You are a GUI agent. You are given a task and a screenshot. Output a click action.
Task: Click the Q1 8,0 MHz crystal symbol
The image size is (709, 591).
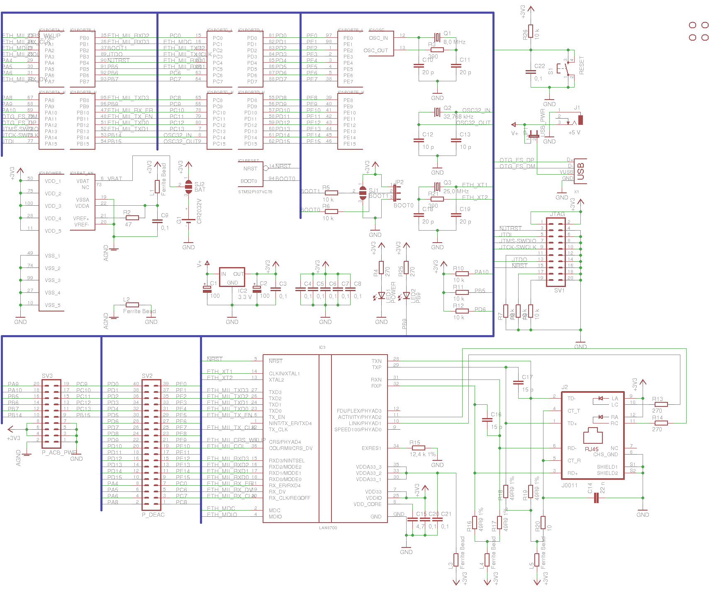click(437, 37)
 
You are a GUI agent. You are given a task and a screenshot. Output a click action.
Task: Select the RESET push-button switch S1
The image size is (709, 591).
click(566, 69)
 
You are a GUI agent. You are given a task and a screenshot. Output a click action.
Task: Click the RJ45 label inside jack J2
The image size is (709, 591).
click(592, 449)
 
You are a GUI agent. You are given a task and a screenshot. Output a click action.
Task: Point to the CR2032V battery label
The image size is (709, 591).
click(199, 211)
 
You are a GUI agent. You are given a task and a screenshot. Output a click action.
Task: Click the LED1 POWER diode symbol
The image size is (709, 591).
click(381, 296)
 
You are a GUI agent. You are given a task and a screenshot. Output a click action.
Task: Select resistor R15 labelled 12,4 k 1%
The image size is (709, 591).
click(419, 448)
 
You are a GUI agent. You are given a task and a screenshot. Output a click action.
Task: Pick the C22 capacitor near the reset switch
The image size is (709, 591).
click(531, 71)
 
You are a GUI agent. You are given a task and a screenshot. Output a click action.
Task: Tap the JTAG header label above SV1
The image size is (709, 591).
click(557, 214)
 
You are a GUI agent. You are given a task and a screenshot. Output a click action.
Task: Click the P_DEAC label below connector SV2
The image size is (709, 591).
click(153, 515)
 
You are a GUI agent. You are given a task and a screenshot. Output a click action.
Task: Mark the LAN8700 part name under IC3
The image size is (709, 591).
click(328, 528)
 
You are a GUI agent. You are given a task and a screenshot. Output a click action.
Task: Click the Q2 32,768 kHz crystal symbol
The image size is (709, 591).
click(437, 112)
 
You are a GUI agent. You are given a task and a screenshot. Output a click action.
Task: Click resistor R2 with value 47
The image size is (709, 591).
click(132, 218)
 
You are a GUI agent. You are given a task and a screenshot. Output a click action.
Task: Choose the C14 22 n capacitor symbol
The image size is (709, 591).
click(597, 498)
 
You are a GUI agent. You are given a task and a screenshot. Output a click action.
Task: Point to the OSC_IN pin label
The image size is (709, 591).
click(378, 38)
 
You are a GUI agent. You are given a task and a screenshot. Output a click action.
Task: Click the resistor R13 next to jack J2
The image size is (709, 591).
click(661, 404)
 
